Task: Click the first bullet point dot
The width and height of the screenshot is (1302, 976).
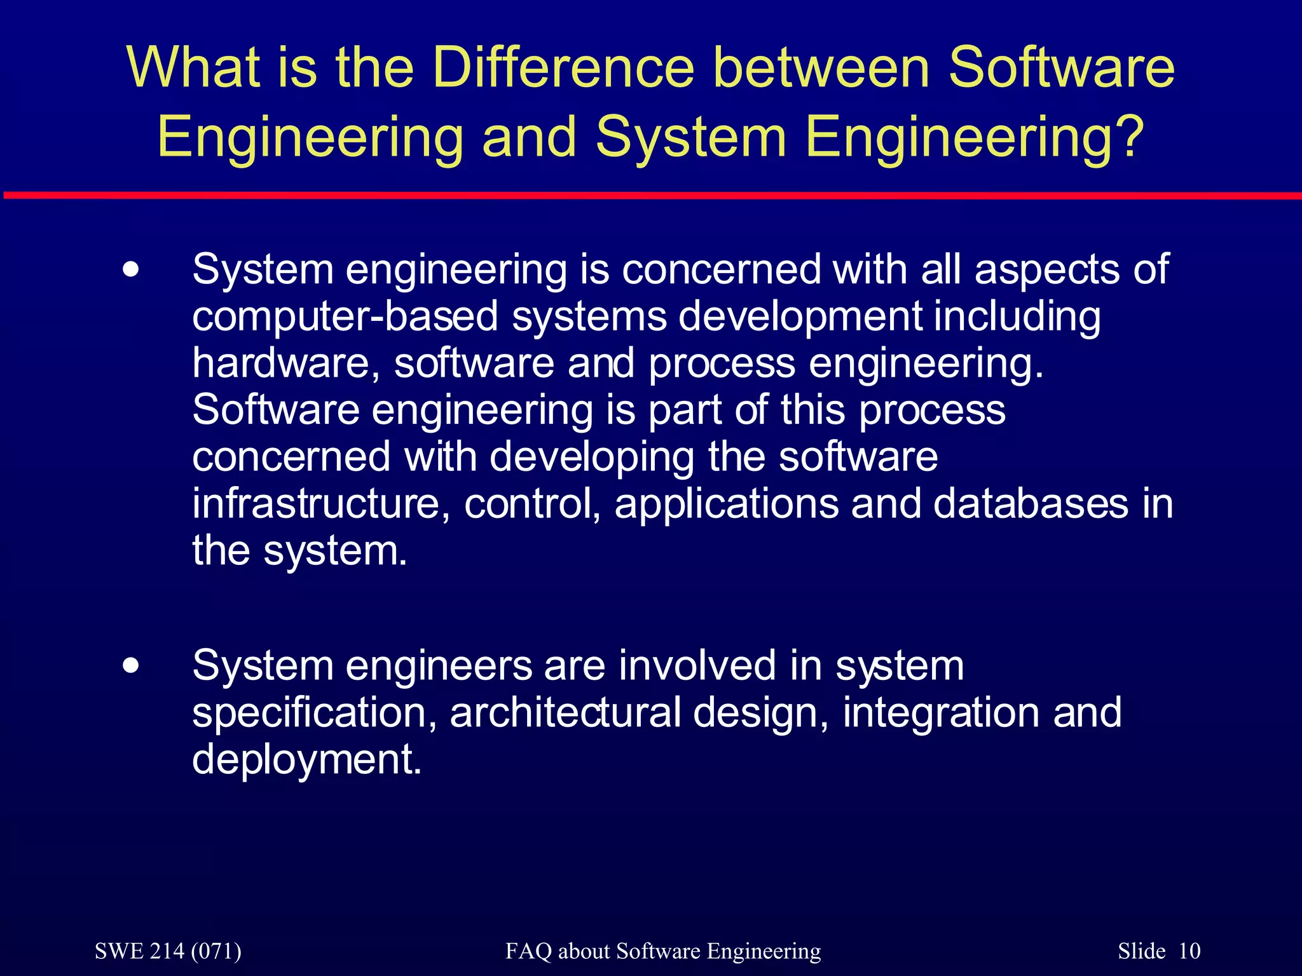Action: click(131, 270)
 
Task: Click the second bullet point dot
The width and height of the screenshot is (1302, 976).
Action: click(131, 667)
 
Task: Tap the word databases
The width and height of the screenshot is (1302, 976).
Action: click(1030, 503)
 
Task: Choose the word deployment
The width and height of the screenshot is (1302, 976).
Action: click(306, 761)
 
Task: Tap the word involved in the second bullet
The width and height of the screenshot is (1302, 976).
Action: click(697, 665)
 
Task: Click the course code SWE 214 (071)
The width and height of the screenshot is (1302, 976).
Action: click(168, 951)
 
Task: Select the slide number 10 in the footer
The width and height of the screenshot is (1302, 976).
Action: click(1189, 951)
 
